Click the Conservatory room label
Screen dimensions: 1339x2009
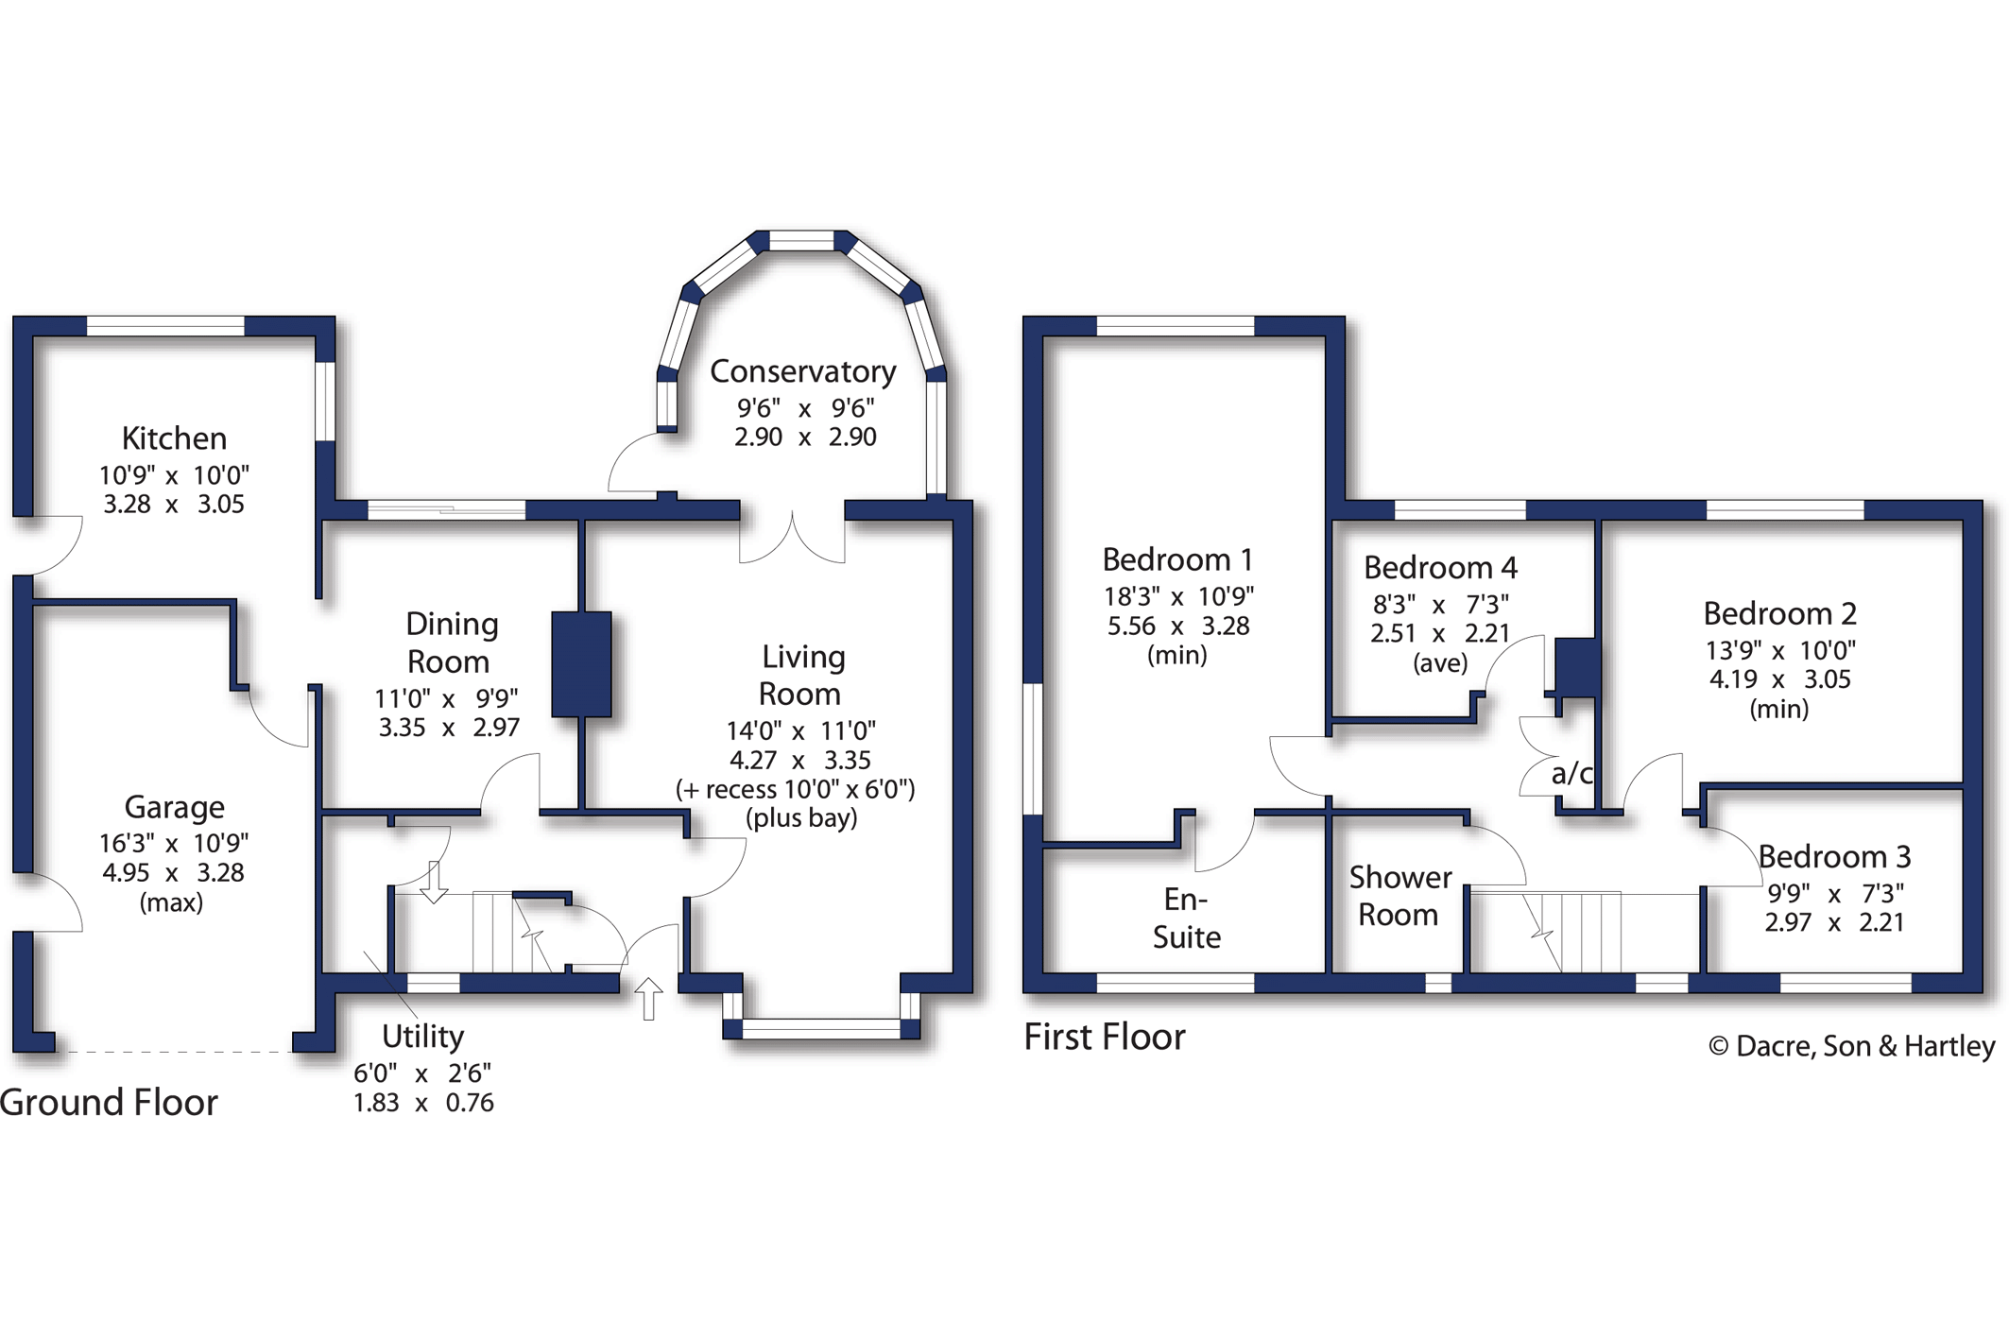802,371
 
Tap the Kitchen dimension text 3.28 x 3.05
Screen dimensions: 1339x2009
173,505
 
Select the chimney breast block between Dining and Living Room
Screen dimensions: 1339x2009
581,664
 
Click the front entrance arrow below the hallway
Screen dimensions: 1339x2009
648,998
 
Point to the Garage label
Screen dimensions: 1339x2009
174,807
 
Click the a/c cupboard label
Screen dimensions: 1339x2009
1571,774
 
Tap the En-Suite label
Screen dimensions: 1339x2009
1186,918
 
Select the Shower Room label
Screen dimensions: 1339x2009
1399,896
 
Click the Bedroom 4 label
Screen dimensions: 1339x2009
1439,568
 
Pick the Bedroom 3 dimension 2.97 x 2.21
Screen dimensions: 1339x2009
1833,922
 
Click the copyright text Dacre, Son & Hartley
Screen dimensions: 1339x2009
1851,1046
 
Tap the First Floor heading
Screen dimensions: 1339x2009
1104,1038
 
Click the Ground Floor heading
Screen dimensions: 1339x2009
109,1103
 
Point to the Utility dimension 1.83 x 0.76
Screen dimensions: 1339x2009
422,1103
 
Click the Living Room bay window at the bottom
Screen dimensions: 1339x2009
820,1029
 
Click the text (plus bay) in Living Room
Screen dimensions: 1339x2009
801,817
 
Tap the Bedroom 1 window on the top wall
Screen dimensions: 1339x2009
1175,327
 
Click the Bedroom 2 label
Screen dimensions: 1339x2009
1778,614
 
